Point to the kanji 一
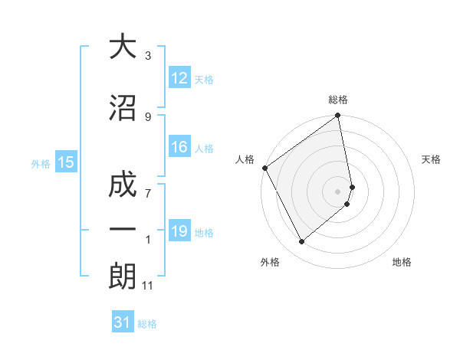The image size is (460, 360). click(x=123, y=230)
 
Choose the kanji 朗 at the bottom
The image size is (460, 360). click(x=123, y=276)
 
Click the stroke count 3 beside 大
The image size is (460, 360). click(x=148, y=56)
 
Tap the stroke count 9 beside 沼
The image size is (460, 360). click(x=148, y=116)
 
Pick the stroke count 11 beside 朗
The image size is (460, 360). click(x=148, y=286)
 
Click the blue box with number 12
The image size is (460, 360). click(x=179, y=78)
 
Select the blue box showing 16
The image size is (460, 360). click(x=179, y=147)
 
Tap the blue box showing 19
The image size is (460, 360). click(x=179, y=231)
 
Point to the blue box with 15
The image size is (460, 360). click(x=66, y=162)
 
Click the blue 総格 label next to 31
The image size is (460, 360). click(x=147, y=324)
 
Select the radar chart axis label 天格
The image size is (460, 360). click(x=432, y=159)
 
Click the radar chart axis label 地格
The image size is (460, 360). click(x=402, y=262)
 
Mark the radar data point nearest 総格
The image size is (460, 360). click(x=338, y=117)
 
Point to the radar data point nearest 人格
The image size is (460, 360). click(x=264, y=168)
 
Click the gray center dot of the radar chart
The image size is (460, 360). click(x=338, y=191)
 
